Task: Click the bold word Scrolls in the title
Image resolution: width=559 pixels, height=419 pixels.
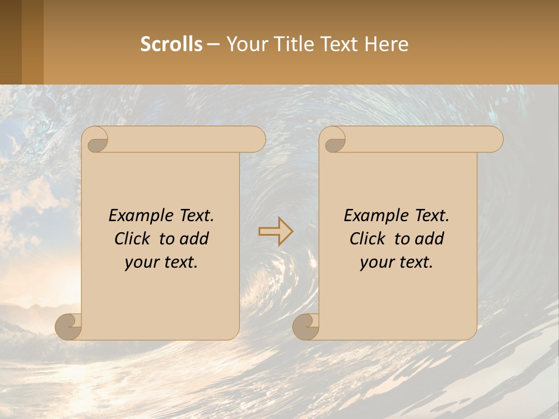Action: pos(171,44)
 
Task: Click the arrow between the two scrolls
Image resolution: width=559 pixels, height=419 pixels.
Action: pos(275,232)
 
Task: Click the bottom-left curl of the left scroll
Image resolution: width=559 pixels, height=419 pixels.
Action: pos(68,326)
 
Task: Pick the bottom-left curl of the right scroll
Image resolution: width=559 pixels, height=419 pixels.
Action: pos(306,326)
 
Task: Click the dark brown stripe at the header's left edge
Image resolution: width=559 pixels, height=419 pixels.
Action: pos(10,42)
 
